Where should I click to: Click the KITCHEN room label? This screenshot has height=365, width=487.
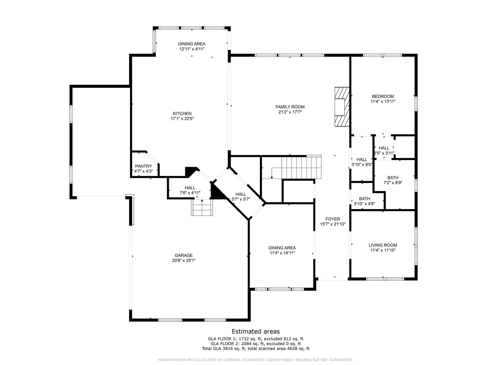click(x=182, y=114)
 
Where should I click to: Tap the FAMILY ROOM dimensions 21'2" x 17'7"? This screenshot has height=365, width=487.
click(x=290, y=112)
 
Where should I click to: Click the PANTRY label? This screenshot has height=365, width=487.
click(x=143, y=166)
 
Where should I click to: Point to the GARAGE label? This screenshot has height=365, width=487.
click(x=184, y=255)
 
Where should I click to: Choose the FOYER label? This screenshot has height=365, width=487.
click(x=333, y=219)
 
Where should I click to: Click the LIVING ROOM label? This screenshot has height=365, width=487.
click(x=383, y=245)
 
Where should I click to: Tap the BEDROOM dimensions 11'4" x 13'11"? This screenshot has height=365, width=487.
click(x=383, y=101)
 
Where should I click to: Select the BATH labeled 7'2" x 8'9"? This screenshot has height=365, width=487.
click(x=393, y=180)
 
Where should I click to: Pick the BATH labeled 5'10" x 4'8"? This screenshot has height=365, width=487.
click(x=364, y=201)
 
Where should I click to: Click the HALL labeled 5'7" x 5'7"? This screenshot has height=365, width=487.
click(x=241, y=197)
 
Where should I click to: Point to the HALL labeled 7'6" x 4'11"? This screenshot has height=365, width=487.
click(x=190, y=190)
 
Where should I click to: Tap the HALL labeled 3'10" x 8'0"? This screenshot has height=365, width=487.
click(x=362, y=162)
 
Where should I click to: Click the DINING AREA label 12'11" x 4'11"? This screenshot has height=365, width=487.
click(x=192, y=46)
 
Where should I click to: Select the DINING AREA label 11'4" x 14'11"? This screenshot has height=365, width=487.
click(x=282, y=250)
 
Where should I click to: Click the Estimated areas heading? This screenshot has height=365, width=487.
click(x=256, y=331)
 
